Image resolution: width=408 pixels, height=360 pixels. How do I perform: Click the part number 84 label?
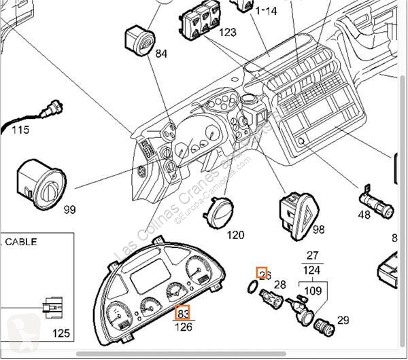142,54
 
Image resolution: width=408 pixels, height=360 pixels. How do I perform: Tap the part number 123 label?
227,33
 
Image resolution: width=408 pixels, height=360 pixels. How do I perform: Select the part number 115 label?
20,129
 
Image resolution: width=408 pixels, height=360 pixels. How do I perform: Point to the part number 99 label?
69,210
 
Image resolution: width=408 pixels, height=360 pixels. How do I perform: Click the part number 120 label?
235,235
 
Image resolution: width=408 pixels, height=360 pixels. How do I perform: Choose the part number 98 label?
318,231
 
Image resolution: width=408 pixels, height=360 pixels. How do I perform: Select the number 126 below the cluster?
184,327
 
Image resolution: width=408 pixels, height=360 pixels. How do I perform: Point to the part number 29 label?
343,320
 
